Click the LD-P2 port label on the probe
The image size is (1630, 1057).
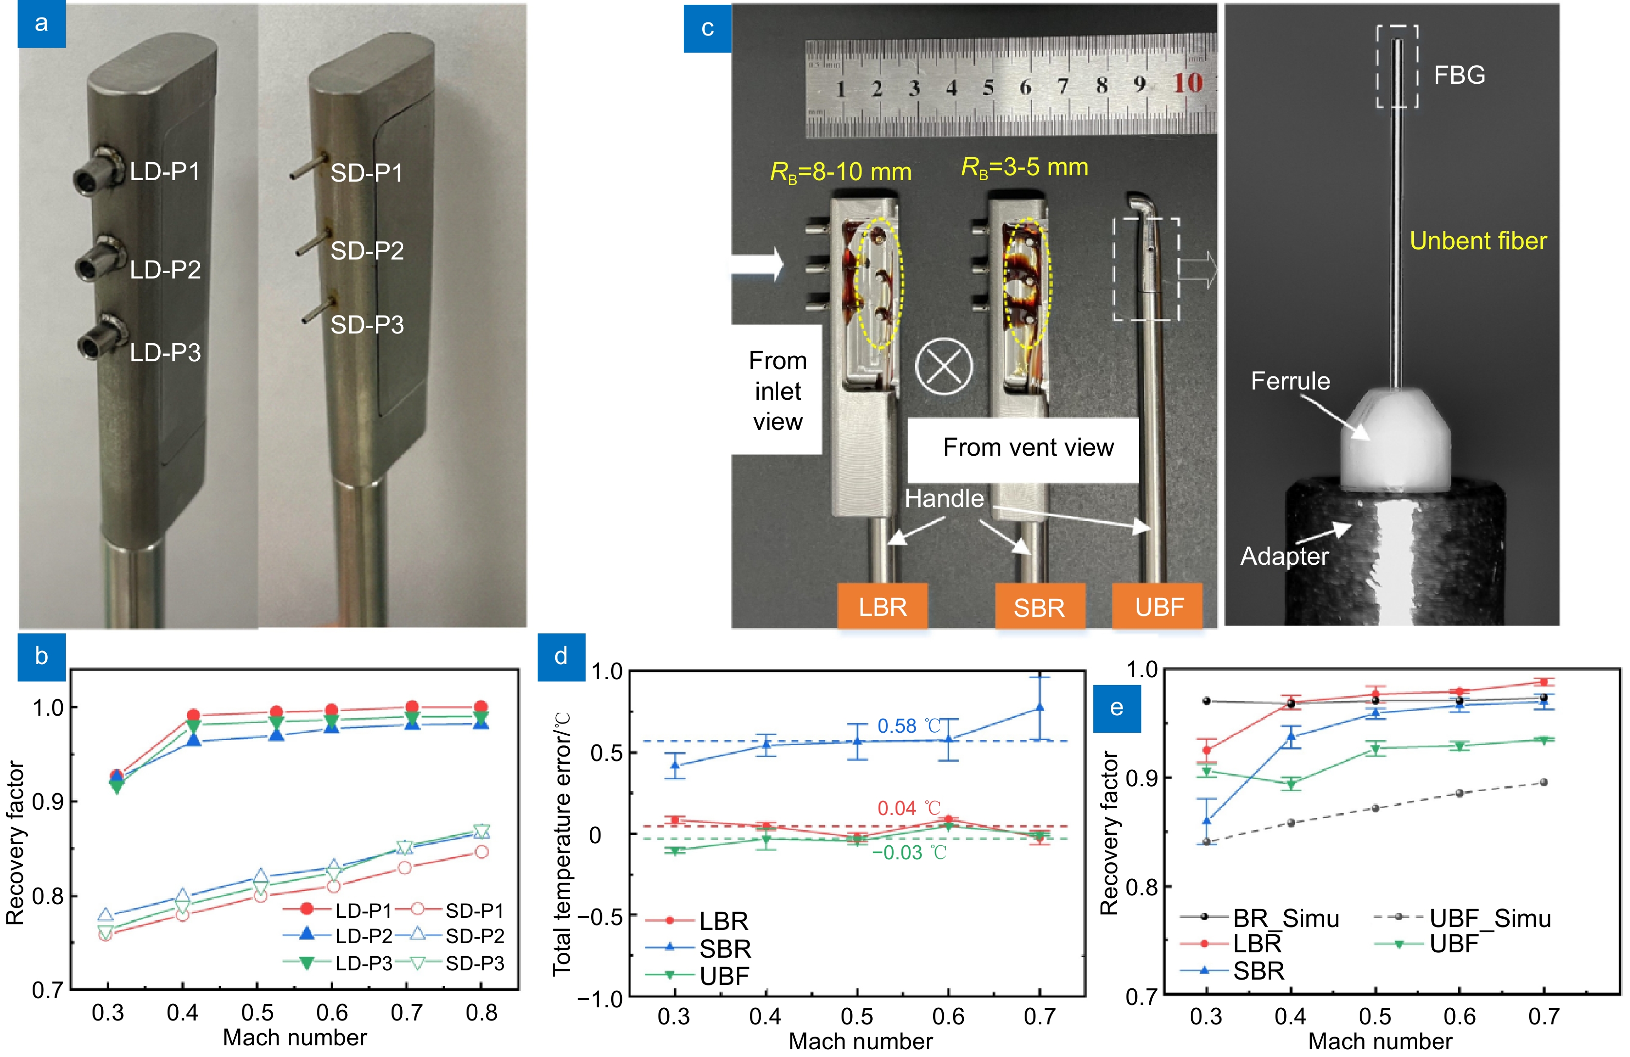165,270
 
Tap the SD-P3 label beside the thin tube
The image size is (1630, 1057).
367,324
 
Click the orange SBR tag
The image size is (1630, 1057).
1039,607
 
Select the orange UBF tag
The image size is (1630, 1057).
1159,607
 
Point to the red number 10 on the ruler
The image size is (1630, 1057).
1188,84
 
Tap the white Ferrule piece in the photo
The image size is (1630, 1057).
1394,438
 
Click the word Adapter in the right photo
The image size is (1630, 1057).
1284,556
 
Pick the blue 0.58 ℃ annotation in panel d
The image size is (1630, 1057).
909,725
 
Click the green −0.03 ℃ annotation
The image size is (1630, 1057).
909,853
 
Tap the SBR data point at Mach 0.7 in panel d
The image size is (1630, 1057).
1040,708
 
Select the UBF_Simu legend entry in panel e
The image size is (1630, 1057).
1490,918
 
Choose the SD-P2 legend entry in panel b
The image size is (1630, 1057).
474,936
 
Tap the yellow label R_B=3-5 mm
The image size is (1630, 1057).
1025,167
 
